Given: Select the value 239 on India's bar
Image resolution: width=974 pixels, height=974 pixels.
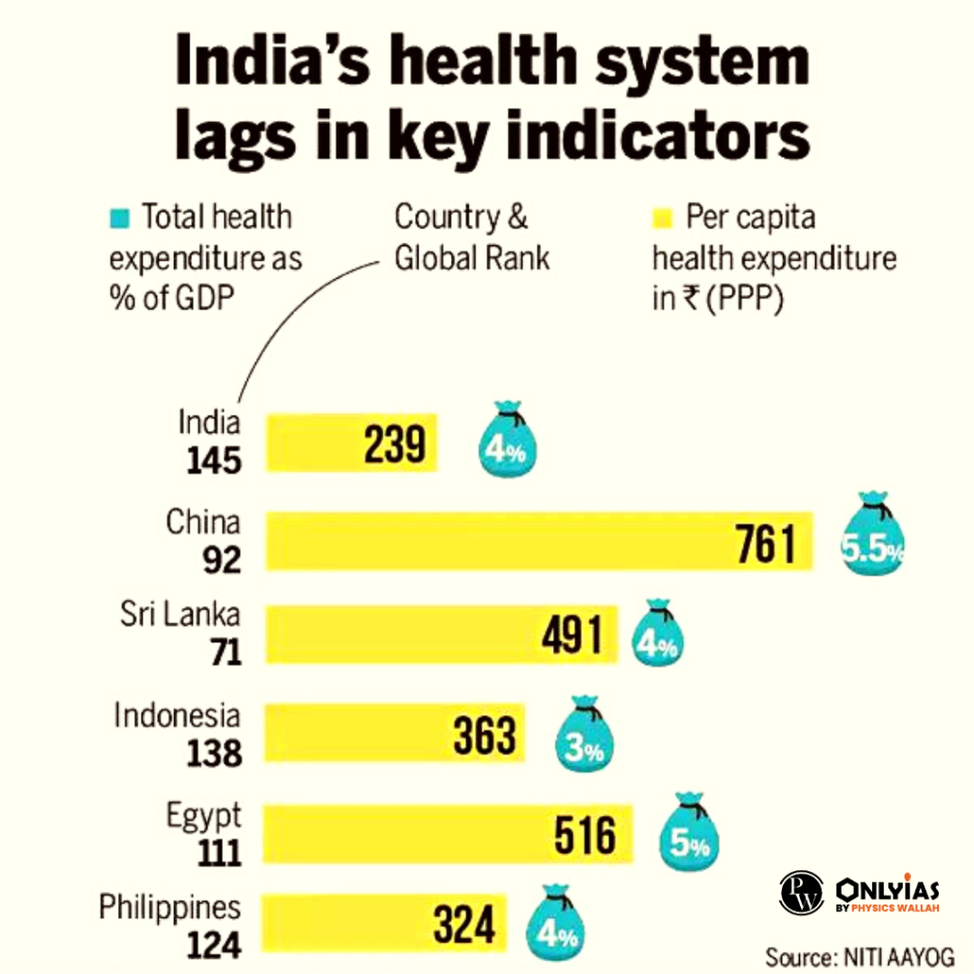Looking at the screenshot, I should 394,443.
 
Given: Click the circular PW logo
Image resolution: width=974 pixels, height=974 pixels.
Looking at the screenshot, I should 802,893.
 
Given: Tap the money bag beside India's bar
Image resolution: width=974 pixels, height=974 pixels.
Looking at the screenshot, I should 508,440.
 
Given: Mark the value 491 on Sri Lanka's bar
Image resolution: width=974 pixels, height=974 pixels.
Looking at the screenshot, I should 571,635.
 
